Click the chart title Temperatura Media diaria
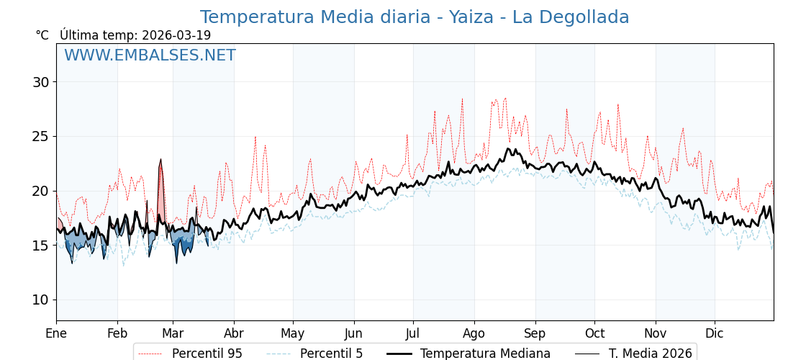415,17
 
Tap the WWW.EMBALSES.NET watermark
150,55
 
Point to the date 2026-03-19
176,35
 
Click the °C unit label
42,35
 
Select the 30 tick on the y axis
40,82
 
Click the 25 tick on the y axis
40,136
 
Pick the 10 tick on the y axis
40,300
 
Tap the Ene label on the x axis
56,333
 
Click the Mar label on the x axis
173,333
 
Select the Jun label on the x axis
354,333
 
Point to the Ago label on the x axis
474,333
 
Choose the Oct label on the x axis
594,333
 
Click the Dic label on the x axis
715,333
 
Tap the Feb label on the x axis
117,333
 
